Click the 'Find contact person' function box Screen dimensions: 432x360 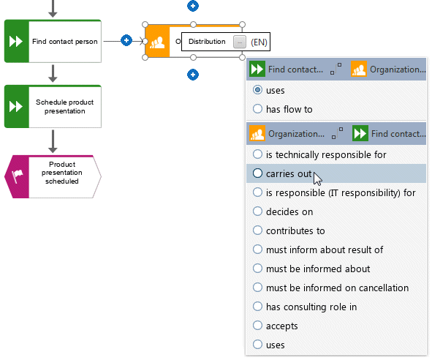53,41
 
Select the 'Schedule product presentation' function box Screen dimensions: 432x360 53,107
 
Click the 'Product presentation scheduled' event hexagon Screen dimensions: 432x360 53,176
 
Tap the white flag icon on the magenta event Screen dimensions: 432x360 18,176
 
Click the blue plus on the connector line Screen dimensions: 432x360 126,40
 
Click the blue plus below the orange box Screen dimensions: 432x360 193,75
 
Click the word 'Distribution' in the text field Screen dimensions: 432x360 207,42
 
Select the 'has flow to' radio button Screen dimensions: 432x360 257,109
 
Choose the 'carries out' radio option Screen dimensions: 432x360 257,173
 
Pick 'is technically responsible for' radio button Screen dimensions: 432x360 257,154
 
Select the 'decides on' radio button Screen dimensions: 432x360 257,211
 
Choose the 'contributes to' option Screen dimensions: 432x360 257,230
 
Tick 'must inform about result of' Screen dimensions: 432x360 257,250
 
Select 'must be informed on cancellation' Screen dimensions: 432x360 257,288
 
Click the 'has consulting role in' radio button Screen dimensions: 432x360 257,307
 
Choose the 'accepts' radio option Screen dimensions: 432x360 257,326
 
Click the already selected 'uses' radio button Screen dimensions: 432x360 257,90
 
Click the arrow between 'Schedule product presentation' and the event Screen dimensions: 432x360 53,141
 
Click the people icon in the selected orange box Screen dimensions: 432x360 157,42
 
